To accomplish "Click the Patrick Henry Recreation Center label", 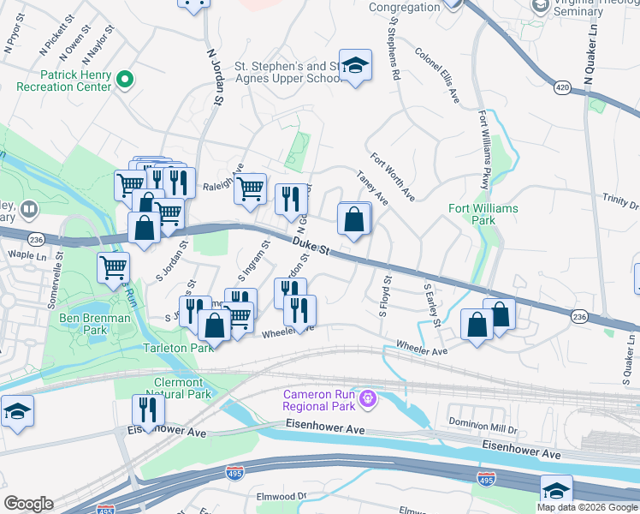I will pos(64,81).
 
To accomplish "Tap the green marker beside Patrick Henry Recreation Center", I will pos(125,81).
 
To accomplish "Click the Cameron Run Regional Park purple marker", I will pos(369,398).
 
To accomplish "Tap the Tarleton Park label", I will pos(179,349).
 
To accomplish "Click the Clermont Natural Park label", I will pos(179,388).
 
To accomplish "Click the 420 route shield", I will pos(562,87).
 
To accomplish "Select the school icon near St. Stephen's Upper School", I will pos(355,65).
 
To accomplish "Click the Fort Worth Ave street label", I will pos(392,177).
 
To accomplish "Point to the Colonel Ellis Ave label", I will pos(437,76).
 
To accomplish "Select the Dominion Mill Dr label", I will pos(484,422).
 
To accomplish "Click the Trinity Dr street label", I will pos(620,201).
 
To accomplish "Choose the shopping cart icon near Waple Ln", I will pos(113,267).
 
